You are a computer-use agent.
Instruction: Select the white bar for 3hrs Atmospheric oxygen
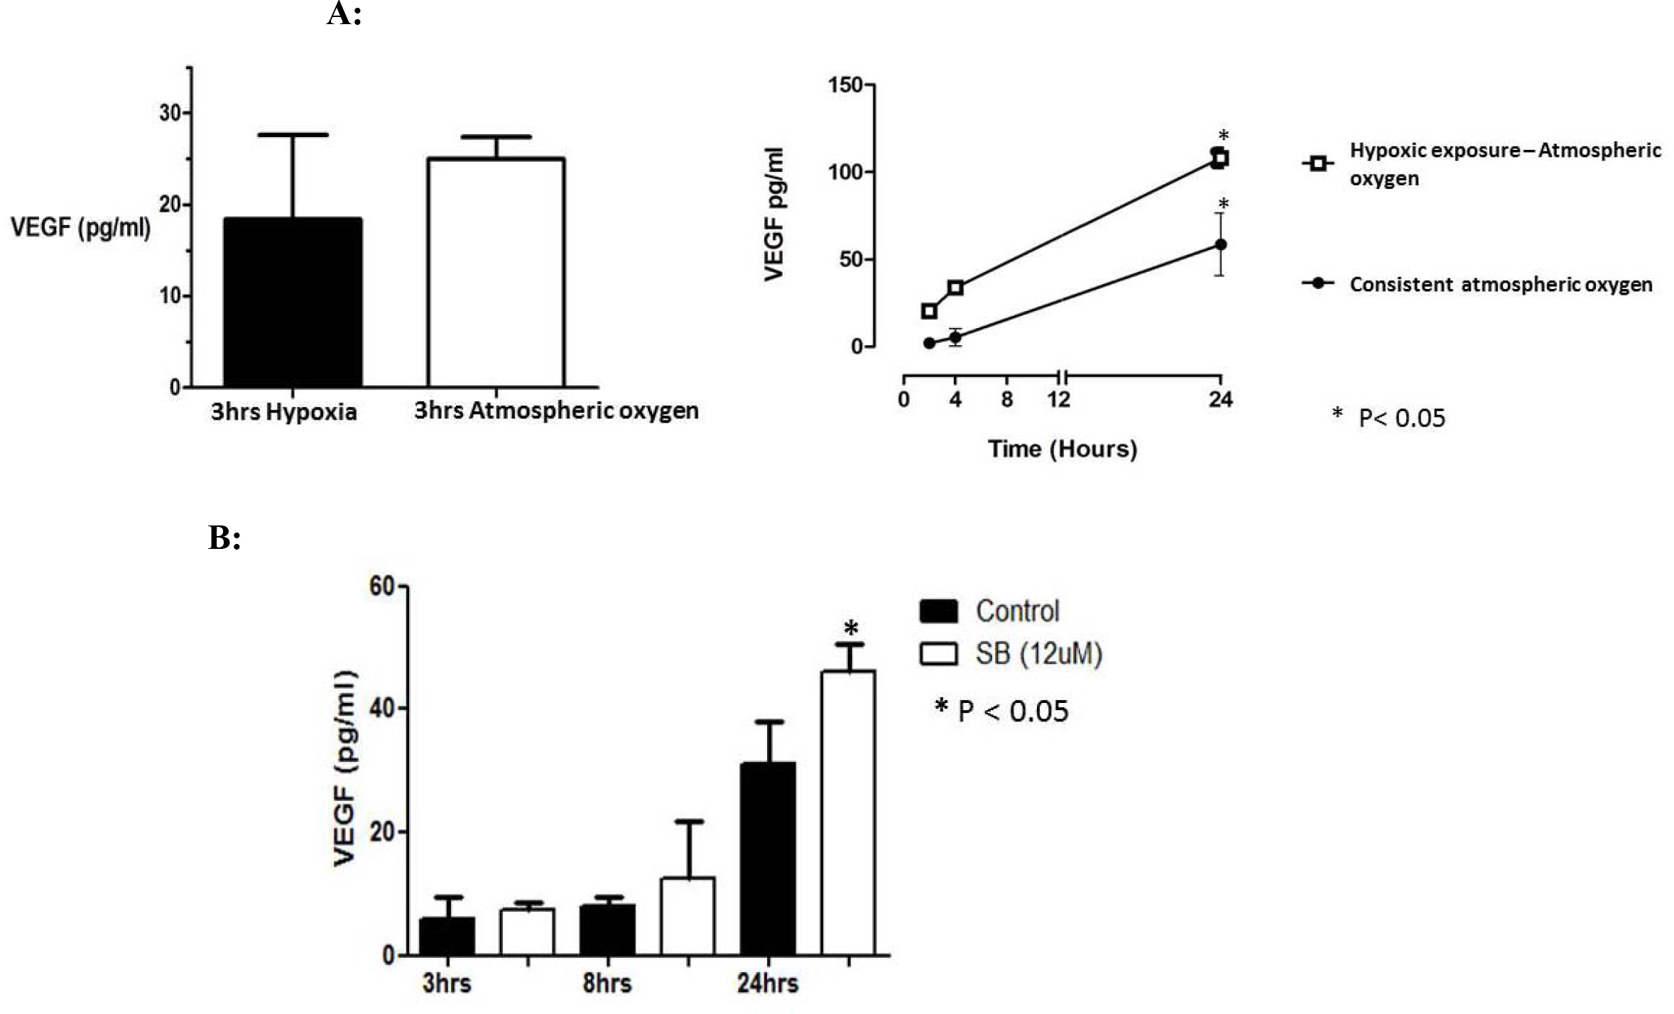[496, 273]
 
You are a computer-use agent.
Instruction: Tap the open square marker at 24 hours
[1220, 158]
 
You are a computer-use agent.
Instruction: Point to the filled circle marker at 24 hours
[1221, 244]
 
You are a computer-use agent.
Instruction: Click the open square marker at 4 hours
[955, 288]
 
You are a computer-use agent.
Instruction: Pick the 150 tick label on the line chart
[844, 85]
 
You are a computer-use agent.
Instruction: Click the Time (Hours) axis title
[1062, 449]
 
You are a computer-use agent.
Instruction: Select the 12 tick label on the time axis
[1058, 400]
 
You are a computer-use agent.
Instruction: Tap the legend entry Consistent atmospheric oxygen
[1501, 284]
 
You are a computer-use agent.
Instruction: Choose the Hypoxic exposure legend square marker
[1317, 163]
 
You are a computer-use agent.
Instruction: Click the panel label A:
[344, 14]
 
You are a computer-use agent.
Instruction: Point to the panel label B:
[224, 538]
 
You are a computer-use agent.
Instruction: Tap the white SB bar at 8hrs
[687, 916]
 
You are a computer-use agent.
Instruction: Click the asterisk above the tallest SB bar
[850, 628]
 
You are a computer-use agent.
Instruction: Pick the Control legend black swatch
[938, 611]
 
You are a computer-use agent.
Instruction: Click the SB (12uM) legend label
[1038, 653]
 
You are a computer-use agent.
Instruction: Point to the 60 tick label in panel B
[381, 587]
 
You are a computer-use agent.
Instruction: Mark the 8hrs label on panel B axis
[607, 983]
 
